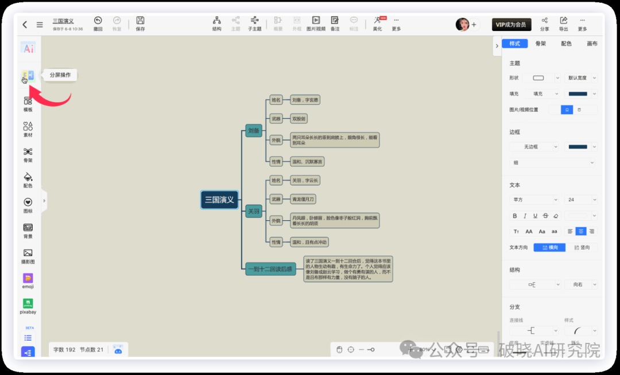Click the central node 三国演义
pos(219,200)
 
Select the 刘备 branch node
pos(253,131)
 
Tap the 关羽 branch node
pos(253,211)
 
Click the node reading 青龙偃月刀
pos(303,199)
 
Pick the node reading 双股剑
pos(299,119)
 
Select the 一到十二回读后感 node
pos(270,268)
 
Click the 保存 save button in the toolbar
pos(140,24)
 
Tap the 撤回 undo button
pos(98,24)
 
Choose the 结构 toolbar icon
pos(216,24)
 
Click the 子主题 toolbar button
pos(254,24)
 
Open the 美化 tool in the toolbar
pos(377,24)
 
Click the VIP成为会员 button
pos(511,25)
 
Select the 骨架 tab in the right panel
pos(540,44)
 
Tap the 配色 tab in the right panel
pos(566,44)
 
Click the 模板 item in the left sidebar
pos(28,104)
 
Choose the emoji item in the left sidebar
pos(28,281)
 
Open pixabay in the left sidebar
pos(28,306)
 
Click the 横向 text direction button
pos(549,248)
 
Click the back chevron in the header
pos(25,25)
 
